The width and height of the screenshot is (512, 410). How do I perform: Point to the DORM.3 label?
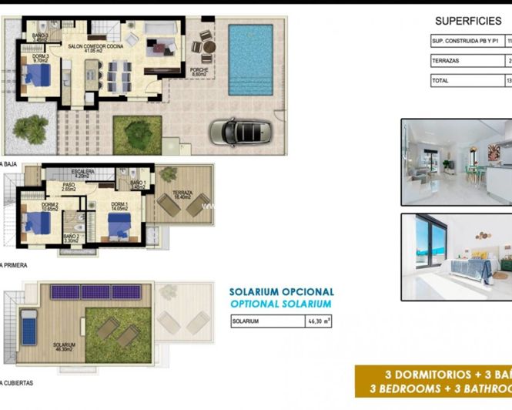(x=41, y=57)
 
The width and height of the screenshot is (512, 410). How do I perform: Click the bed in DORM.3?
(x=37, y=76)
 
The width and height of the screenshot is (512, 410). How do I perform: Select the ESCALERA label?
(x=82, y=173)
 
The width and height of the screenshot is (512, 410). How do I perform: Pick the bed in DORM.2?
(x=38, y=223)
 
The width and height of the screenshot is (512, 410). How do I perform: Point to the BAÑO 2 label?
(x=71, y=238)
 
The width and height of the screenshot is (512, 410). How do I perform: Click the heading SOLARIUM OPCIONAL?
(x=282, y=292)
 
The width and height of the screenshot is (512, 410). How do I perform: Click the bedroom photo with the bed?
(x=456, y=256)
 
